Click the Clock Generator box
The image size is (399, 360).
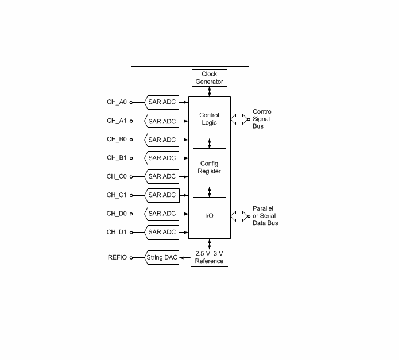[210, 78]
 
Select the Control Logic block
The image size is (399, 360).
[210, 119]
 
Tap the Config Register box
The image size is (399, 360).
[210, 168]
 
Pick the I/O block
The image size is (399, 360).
[210, 216]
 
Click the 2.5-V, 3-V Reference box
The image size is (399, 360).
[210, 258]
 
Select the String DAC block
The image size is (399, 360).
[161, 257]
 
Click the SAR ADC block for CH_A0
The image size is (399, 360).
[161, 102]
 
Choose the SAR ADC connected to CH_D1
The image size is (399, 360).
[161, 233]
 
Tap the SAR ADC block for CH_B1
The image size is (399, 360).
[161, 158]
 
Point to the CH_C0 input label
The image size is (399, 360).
[117, 177]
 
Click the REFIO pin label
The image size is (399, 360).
[117, 257]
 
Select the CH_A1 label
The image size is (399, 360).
[117, 121]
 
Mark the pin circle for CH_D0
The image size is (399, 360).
[131, 214]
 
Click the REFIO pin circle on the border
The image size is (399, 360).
[131, 258]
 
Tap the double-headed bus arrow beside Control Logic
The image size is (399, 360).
[239, 119]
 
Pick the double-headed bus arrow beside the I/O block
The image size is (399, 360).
[239, 216]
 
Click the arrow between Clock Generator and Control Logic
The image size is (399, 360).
[210, 92]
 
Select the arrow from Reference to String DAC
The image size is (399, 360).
[185, 258]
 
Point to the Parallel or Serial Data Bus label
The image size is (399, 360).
[265, 216]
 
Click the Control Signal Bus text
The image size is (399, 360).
[262, 119]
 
